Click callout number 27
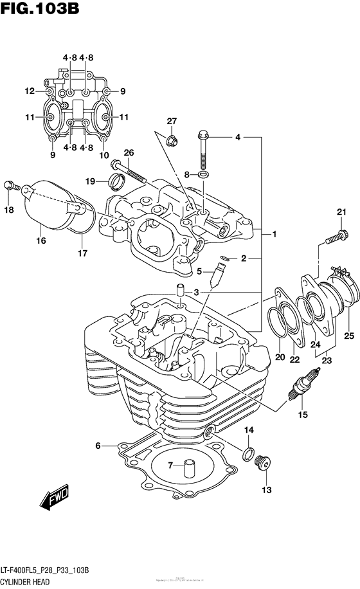(172, 122)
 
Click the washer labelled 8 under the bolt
(203, 174)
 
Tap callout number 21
(341, 213)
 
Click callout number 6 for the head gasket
(98, 446)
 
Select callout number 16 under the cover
(41, 241)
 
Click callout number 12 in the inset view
(30, 91)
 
